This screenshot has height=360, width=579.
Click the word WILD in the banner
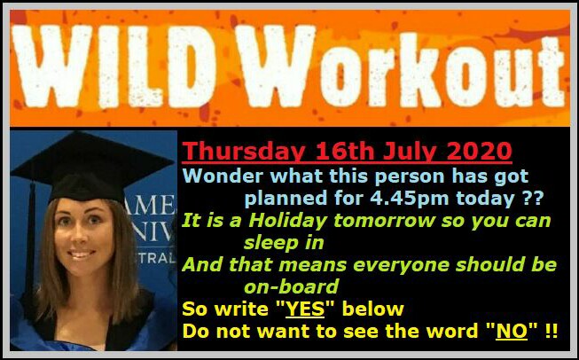pos(113,67)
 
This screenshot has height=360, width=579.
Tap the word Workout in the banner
pos(403,67)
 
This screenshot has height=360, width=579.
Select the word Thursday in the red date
pos(244,151)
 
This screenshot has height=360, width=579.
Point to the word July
pos(407,151)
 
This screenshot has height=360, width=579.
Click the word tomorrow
pos(385,221)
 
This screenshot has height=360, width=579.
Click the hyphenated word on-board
pos(292,286)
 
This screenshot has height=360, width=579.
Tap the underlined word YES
pos(305,309)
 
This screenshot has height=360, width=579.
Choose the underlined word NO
pos(512,332)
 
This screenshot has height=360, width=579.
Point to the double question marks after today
pos(534,199)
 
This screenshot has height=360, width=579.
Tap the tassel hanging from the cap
pos(30,237)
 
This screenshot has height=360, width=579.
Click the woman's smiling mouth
pos(82,254)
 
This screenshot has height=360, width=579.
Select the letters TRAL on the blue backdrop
pos(156,258)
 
